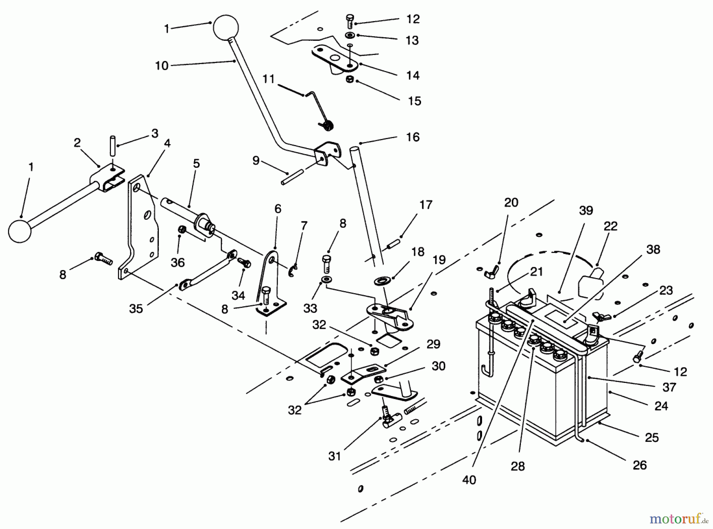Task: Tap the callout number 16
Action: (x=413, y=137)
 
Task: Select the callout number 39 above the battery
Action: (x=586, y=210)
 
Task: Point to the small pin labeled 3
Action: (x=112, y=147)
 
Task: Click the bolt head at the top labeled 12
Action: (x=350, y=20)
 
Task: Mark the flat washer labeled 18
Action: (x=383, y=281)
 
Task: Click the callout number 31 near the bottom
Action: (x=335, y=456)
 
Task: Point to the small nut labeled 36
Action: (x=183, y=229)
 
